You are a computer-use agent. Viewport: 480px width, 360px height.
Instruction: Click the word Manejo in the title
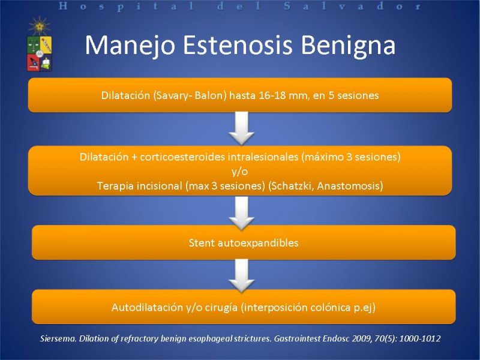click(x=130, y=46)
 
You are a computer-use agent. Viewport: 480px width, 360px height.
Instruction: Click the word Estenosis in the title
click(x=238, y=45)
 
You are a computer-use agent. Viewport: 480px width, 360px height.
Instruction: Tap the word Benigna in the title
click(x=348, y=46)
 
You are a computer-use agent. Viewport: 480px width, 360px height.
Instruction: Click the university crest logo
click(x=40, y=44)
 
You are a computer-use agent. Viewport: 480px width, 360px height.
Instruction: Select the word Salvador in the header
click(x=352, y=6)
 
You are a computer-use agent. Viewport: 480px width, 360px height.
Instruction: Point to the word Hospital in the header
click(x=126, y=7)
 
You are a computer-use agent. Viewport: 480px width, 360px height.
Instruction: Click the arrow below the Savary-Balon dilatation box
click(x=242, y=128)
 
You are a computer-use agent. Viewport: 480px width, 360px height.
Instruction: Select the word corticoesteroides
click(x=189, y=157)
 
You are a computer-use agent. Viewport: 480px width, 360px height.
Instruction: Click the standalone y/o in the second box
click(x=239, y=172)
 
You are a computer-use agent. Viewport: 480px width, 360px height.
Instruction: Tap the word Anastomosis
click(x=350, y=186)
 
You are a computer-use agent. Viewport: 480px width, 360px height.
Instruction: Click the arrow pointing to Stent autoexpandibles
click(x=242, y=214)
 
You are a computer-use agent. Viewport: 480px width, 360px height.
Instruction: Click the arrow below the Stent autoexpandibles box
click(x=242, y=275)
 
